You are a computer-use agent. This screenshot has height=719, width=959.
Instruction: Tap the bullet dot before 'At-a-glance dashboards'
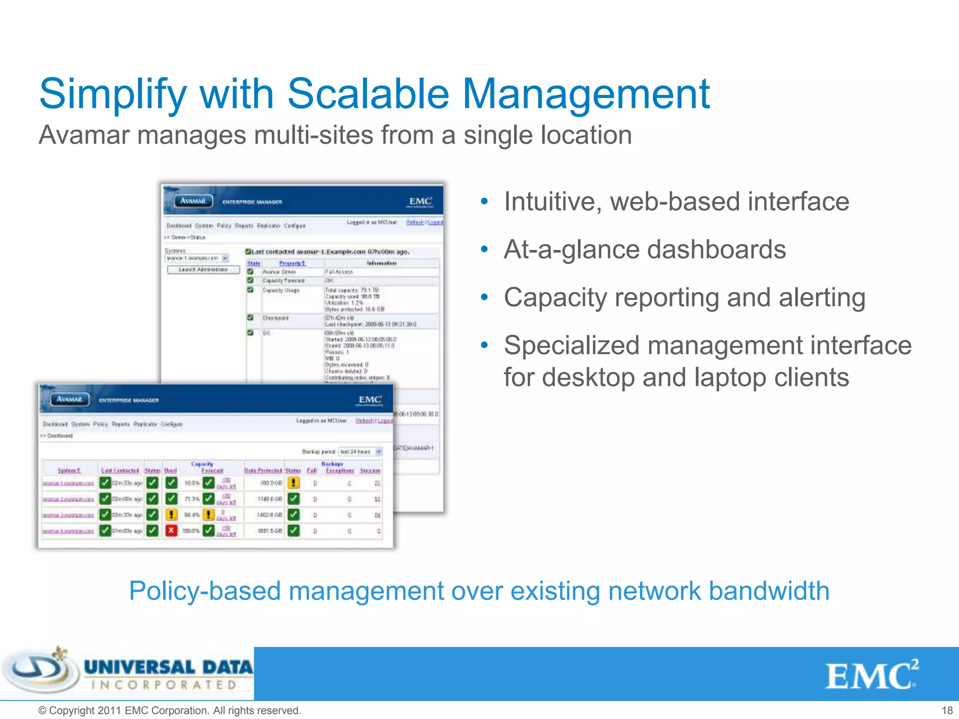click(484, 249)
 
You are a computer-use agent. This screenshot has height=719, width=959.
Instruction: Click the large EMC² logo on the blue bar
click(871, 675)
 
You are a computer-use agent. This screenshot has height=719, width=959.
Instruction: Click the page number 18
click(947, 710)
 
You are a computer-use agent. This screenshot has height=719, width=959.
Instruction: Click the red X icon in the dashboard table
click(171, 530)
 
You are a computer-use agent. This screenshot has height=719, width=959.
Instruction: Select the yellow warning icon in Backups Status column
click(294, 483)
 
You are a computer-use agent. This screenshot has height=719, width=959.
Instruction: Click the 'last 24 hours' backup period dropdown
click(360, 452)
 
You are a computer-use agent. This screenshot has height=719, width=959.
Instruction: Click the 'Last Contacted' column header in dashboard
click(120, 470)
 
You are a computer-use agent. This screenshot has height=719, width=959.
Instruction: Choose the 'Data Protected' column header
click(263, 470)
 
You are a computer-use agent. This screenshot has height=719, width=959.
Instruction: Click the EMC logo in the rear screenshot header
click(420, 202)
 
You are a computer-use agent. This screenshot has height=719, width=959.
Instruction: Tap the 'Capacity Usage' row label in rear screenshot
click(281, 290)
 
